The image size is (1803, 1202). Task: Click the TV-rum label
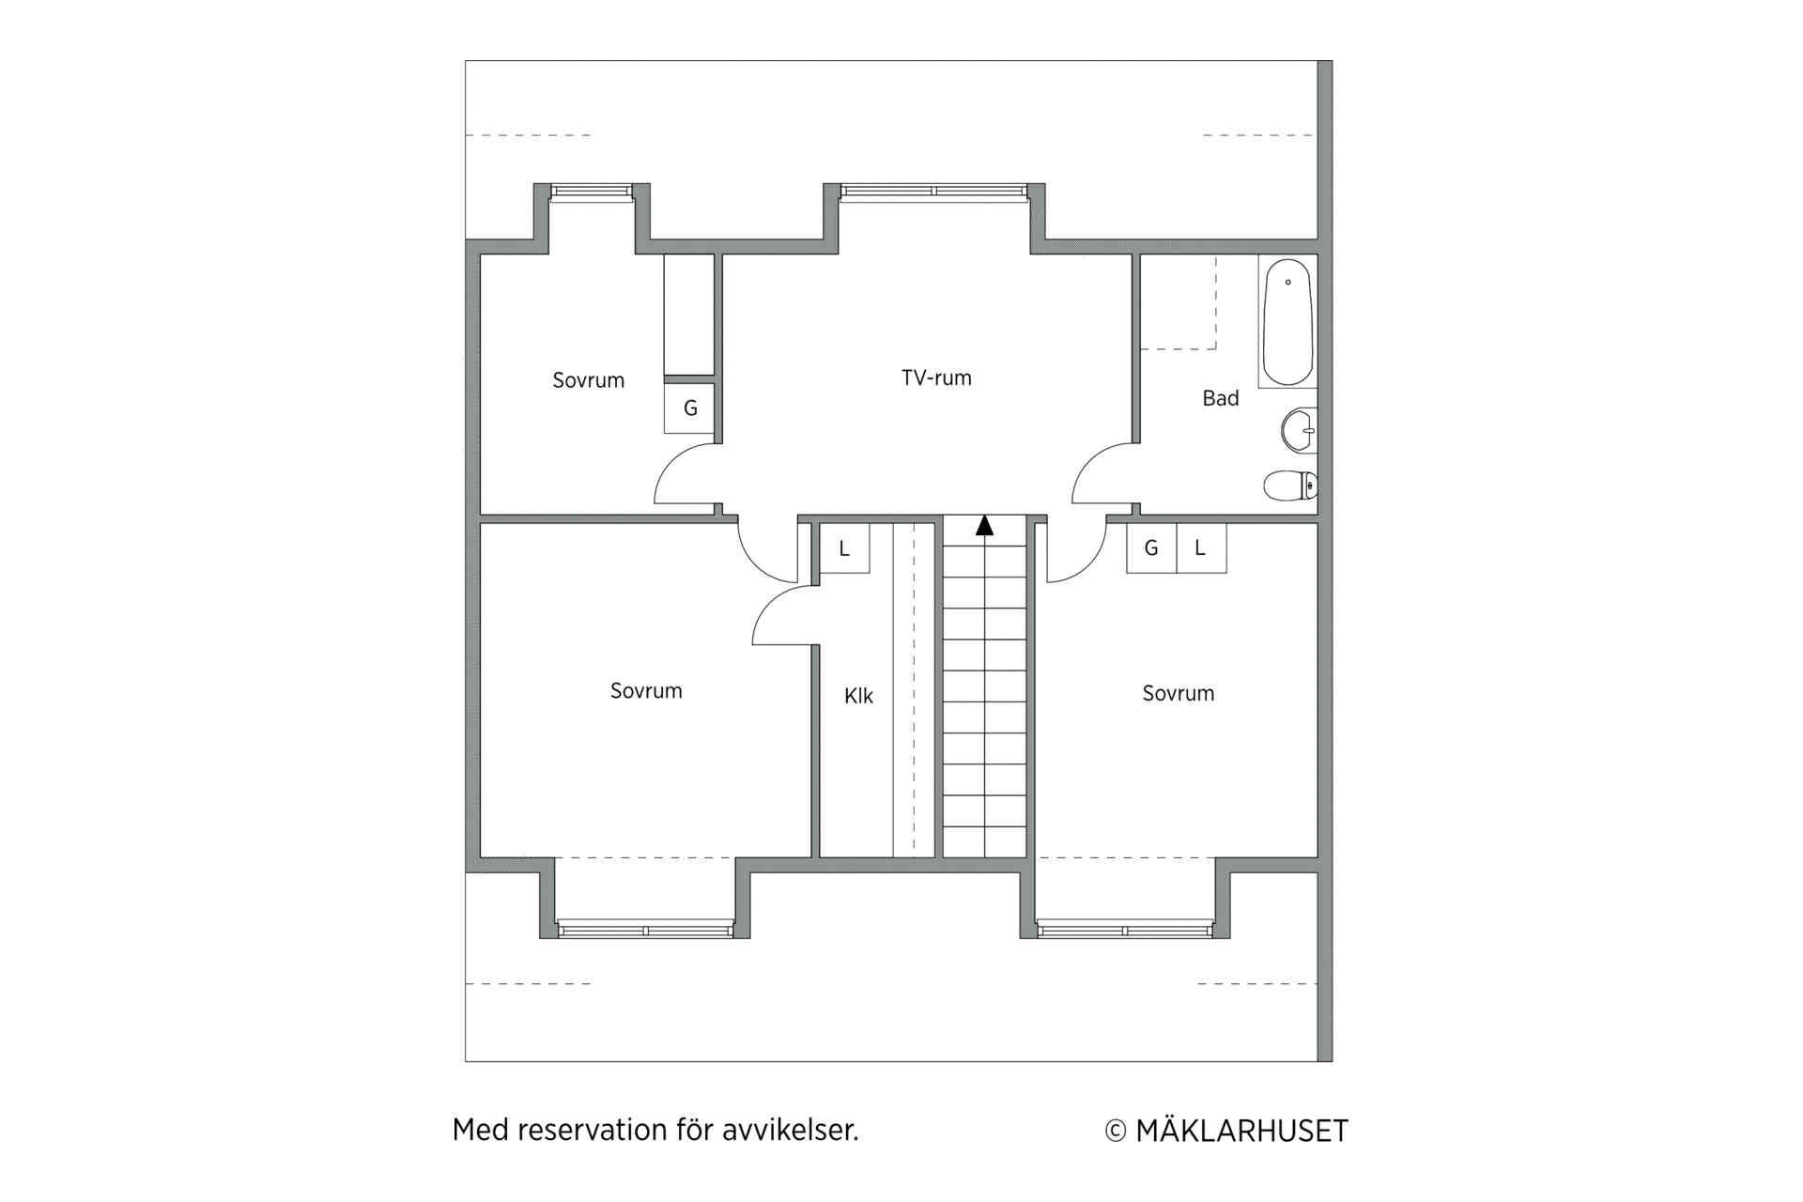coord(936,378)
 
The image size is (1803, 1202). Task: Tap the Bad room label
coord(1221,398)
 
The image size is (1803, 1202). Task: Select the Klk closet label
coord(858,696)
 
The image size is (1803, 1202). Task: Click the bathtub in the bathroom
coord(1287,322)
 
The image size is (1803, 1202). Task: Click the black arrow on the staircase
coord(984,525)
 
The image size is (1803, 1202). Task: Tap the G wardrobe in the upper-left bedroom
coord(689,408)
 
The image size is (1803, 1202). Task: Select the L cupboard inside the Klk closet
coord(844,548)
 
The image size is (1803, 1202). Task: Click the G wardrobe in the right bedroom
coord(1151,548)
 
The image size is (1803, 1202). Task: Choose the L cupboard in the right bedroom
coord(1201,548)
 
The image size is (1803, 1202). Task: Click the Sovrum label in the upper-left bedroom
coord(588,380)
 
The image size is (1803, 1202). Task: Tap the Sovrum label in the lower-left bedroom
coord(646,691)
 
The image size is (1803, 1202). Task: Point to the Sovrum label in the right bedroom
coord(1179,693)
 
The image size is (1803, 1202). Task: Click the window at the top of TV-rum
coord(934,192)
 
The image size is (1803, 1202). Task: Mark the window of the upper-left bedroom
coord(592,192)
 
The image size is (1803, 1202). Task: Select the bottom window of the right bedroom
coord(1124,930)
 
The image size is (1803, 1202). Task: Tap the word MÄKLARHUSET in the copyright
coord(1241,1131)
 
